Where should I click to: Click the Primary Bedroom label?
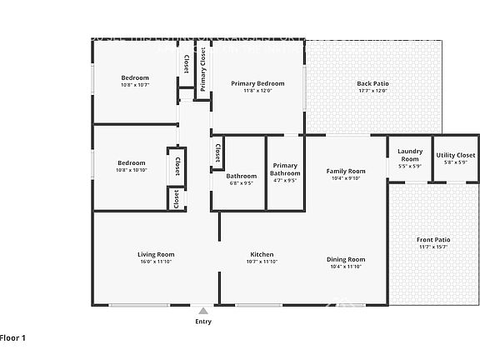coord(257,83)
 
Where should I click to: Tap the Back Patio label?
coord(372,83)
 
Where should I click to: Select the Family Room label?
coord(345,171)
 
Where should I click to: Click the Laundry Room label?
coord(410,155)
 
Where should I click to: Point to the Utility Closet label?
coord(456,155)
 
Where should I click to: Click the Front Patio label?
coord(432,240)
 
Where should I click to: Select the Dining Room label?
coord(345,259)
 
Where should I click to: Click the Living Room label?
coord(156,254)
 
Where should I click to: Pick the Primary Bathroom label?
coord(285,169)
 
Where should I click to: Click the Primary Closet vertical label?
coord(202,68)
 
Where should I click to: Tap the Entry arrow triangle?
coord(202,311)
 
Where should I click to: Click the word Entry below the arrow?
coord(202,322)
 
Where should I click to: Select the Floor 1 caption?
coord(13,337)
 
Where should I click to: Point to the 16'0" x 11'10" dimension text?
coord(156,262)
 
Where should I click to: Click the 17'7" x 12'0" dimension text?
coord(372,91)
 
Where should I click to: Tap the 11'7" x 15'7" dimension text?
coord(432,247)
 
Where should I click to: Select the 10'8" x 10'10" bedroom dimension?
coord(132,170)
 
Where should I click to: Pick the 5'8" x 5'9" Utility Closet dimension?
coord(456,162)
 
